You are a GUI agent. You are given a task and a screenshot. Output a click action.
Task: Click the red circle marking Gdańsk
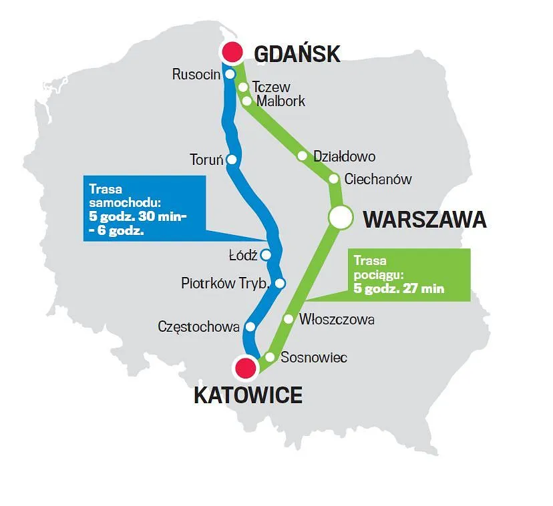tap(232, 51)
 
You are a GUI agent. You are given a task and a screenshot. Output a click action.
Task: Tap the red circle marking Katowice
tap(246, 367)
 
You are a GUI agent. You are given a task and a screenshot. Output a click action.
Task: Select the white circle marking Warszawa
tap(340, 217)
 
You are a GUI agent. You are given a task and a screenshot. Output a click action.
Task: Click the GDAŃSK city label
tap(299, 53)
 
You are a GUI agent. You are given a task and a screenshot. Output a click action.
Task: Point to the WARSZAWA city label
tap(424, 220)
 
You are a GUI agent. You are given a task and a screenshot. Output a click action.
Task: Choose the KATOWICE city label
tap(248, 395)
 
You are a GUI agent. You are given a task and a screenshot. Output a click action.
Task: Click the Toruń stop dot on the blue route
tap(232, 160)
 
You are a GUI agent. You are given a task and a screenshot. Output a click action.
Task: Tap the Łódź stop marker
tap(266, 254)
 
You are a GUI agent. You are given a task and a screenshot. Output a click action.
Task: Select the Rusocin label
tap(196, 74)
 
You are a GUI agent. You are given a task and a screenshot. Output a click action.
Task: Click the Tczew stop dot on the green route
tap(243, 87)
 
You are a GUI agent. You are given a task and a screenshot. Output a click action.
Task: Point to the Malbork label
tap(281, 101)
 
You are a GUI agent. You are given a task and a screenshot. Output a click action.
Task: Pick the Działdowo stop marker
tap(302, 156)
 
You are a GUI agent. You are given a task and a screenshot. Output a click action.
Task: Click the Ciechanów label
tap(378, 179)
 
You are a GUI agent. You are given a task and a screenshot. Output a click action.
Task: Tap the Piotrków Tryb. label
tap(226, 284)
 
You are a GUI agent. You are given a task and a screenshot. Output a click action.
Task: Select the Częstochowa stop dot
tap(250, 327)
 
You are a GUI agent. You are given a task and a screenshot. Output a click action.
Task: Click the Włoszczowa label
tap(337, 320)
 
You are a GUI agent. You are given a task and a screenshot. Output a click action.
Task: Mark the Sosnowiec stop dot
tap(270, 356)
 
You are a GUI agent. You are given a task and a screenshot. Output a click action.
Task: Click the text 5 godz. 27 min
tap(399, 289)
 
